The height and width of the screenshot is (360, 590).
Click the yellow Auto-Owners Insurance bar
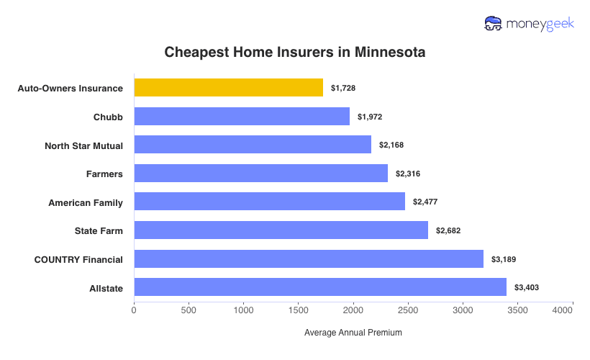pos(228,88)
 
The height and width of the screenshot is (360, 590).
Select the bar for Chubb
pos(242,117)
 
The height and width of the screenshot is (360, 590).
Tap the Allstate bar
pos(320,288)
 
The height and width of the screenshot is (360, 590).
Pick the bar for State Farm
pos(281,230)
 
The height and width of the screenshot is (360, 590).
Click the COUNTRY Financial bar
pos(309,259)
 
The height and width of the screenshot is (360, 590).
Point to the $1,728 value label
pos(343,88)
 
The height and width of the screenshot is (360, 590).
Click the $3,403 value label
pos(527,288)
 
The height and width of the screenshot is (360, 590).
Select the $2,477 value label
pos(425,202)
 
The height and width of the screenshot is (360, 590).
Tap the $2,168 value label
pos(391,145)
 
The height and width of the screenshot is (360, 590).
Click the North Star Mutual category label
pos(83,145)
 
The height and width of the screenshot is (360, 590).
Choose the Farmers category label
pos(104,174)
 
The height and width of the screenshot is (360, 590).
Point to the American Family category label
pos(86,202)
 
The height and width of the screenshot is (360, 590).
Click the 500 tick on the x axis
pos(189,310)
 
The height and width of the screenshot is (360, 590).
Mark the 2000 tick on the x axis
pos(353,310)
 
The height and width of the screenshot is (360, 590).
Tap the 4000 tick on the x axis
pos(563,310)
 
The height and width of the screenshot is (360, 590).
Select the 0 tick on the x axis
pos(134,310)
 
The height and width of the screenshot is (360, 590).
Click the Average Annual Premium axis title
pos(353,333)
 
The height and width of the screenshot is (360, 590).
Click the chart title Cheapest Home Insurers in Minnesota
pos(295,53)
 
